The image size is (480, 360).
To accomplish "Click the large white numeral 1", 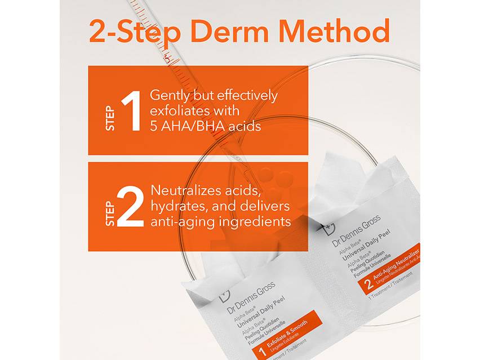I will [130, 112].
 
